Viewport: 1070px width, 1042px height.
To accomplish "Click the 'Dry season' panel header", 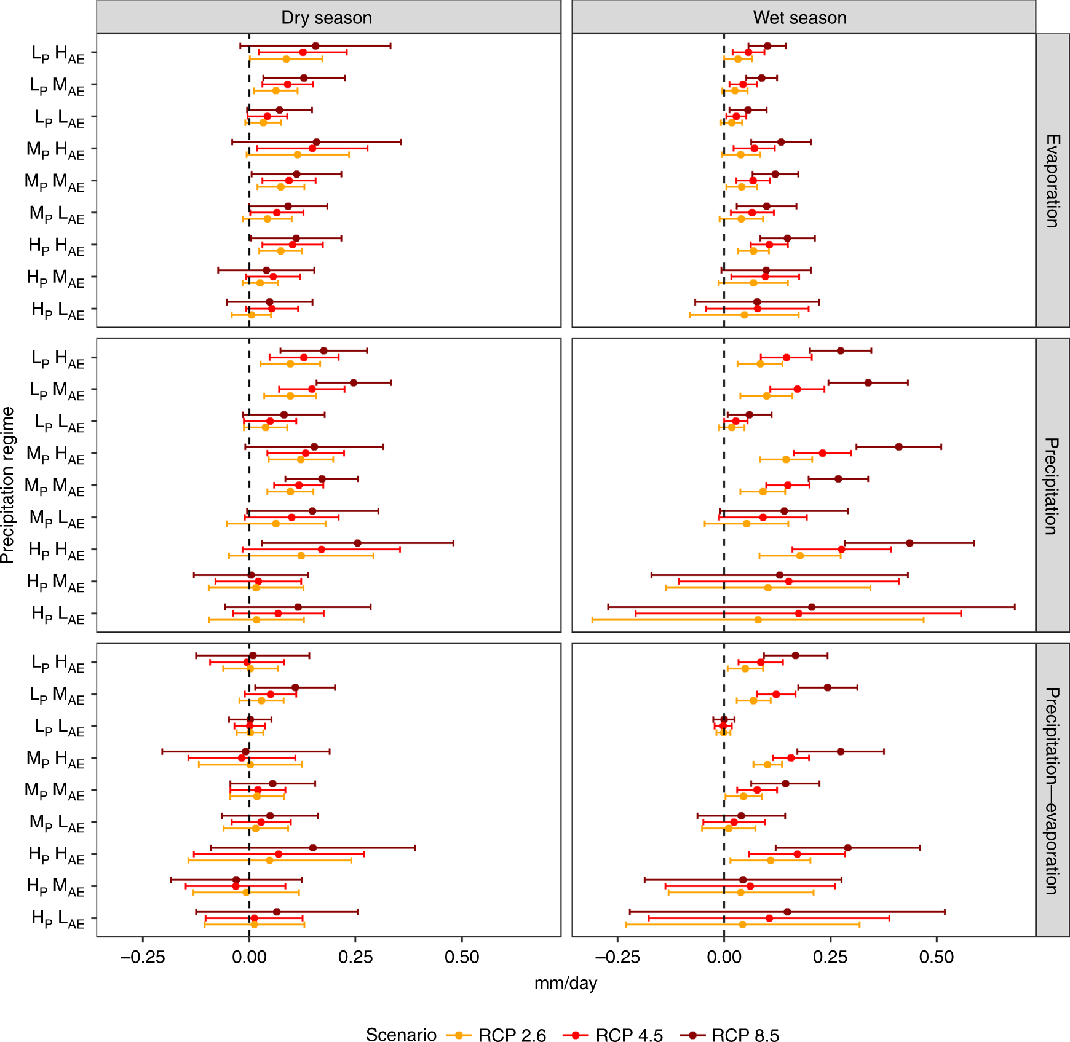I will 327,18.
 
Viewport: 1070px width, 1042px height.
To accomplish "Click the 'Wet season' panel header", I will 799,18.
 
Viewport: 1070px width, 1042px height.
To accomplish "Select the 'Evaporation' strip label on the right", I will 1052,181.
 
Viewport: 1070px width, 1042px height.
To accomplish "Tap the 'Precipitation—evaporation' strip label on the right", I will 1052,790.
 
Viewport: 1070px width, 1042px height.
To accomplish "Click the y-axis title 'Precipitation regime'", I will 7,485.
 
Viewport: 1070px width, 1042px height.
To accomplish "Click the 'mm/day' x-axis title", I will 565,983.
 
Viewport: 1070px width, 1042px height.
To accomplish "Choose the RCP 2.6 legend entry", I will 496,1035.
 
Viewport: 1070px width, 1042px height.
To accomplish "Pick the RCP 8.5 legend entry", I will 729,1035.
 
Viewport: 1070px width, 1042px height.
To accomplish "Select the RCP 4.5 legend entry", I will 612,1035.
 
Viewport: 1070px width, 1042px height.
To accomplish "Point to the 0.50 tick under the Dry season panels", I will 461,957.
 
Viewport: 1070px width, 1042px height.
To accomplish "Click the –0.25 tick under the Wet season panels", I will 617,957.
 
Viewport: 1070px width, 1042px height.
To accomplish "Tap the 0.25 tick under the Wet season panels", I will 830,957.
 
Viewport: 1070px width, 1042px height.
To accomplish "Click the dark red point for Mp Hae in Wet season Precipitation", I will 898,447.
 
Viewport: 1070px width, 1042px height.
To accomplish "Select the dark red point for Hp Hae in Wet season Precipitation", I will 909,543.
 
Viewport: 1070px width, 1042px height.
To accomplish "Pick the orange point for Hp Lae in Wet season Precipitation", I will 758,620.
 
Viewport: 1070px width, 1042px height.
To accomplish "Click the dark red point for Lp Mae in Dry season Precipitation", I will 353,383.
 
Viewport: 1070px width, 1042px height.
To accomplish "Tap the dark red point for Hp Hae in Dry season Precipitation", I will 357,543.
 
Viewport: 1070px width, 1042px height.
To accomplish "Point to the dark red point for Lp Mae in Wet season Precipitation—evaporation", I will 827,687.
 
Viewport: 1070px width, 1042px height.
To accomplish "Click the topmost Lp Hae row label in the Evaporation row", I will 58,54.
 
